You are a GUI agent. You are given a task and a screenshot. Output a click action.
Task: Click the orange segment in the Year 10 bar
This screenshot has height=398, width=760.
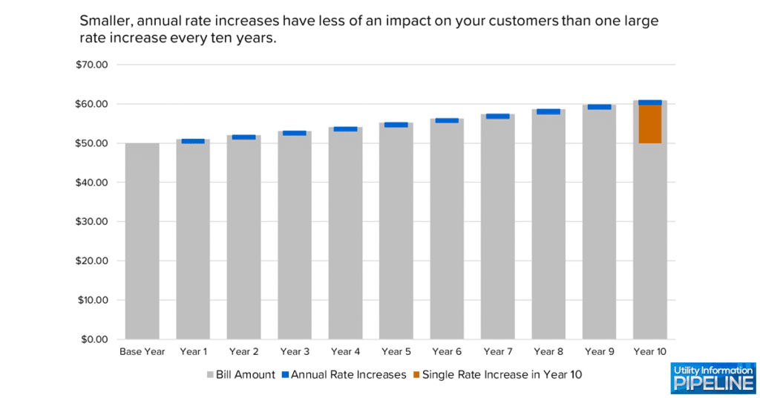click(649, 124)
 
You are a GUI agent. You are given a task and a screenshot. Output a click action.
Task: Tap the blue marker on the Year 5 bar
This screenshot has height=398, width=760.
click(396, 125)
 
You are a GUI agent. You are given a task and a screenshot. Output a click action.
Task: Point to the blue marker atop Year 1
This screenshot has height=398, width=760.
click(193, 141)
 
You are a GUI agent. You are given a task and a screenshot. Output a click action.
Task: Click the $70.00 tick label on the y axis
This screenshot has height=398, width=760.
click(92, 65)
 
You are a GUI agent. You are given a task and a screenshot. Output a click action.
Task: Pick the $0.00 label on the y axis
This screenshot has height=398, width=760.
click(94, 339)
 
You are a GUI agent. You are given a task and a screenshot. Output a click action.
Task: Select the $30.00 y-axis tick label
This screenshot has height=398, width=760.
click(92, 222)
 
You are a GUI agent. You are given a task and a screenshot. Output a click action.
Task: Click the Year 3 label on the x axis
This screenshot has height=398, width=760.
click(295, 351)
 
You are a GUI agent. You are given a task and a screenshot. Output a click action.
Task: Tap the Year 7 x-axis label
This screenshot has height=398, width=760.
click(497, 351)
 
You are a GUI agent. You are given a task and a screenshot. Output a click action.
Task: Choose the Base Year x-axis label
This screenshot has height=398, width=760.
click(142, 351)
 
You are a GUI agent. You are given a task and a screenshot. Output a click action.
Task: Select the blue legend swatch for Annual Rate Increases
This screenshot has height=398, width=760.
click(284, 375)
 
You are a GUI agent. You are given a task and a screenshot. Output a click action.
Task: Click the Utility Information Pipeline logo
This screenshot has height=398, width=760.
click(712, 378)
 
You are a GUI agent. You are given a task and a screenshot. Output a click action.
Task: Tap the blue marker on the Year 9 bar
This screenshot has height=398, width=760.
click(599, 107)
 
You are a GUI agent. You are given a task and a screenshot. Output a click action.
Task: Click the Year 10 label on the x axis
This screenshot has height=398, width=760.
click(650, 351)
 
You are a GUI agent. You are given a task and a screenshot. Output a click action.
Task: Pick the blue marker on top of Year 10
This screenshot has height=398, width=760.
click(649, 102)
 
